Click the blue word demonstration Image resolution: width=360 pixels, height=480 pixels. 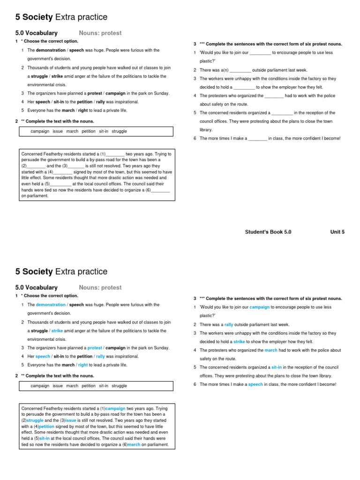tap(51, 305)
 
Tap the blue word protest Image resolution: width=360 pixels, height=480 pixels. tap(95, 348)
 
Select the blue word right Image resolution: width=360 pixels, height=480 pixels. tap(83, 365)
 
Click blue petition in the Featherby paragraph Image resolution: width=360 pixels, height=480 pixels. tap(47, 427)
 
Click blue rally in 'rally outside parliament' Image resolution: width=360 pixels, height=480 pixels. tap(229, 324)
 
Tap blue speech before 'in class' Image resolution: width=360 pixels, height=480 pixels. tap(255, 384)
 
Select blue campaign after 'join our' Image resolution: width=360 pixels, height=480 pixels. tap(259, 307)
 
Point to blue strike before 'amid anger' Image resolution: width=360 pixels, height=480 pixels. tap(57, 330)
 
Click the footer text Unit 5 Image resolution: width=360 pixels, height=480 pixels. tap(337, 232)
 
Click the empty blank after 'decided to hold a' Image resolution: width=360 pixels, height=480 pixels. tap(244, 88)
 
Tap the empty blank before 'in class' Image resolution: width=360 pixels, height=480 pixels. tap(257, 139)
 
